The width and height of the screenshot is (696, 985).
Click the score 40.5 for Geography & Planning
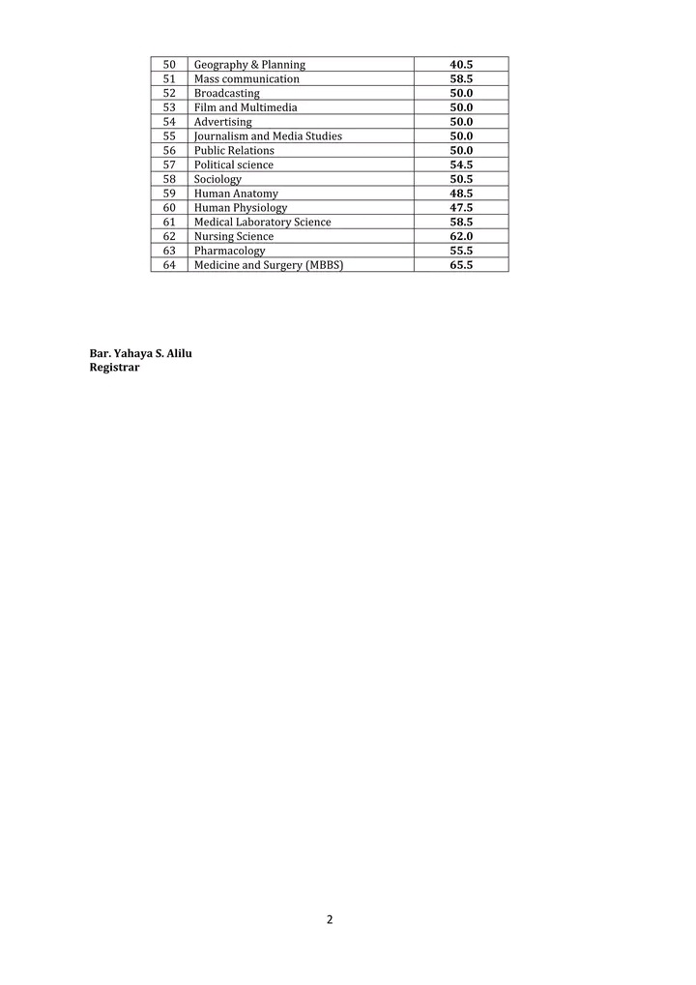(461, 65)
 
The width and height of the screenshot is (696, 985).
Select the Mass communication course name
(246, 79)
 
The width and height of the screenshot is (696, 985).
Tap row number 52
(169, 94)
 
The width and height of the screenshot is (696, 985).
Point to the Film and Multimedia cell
(246, 107)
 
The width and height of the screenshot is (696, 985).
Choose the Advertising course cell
(222, 122)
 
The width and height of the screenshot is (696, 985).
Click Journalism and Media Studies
(268, 136)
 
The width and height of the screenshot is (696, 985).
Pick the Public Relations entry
(234, 151)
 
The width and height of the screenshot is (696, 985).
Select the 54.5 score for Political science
(461, 165)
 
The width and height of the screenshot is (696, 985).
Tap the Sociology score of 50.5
(461, 179)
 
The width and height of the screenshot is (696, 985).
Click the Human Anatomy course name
(236, 194)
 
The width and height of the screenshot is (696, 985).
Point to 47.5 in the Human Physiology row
(461, 208)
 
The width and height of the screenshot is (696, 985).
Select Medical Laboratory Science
(262, 223)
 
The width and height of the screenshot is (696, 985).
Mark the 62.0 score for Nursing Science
(461, 236)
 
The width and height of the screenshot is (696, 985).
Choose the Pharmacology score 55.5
(461, 251)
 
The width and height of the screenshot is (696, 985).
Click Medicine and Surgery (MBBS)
(269, 265)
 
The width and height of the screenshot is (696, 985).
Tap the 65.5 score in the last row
(461, 265)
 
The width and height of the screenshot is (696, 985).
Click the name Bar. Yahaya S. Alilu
(141, 353)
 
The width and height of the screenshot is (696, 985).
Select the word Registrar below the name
(115, 368)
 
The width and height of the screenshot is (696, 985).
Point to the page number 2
(330, 919)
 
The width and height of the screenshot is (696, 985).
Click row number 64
(169, 265)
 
